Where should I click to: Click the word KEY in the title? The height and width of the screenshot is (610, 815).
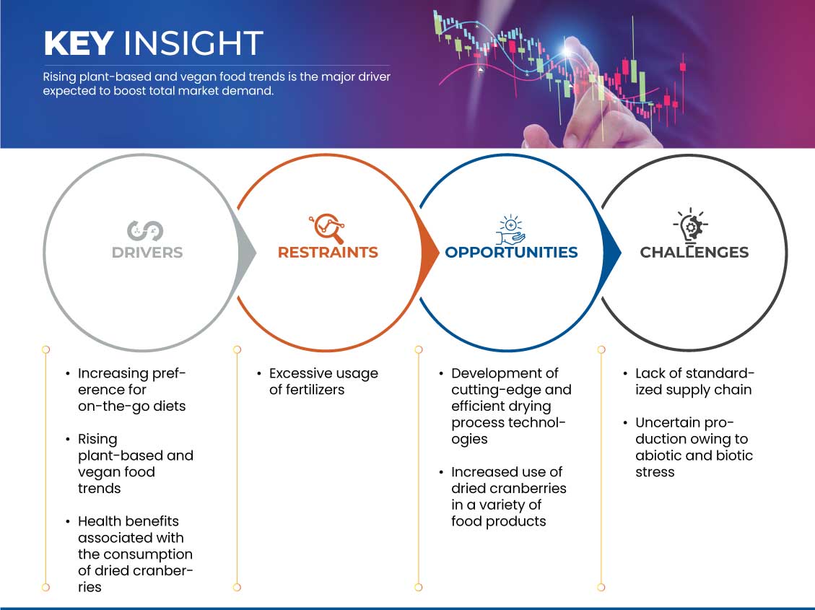(79, 43)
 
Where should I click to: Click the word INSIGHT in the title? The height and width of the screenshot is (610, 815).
(193, 43)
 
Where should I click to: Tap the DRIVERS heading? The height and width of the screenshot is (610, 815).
(147, 253)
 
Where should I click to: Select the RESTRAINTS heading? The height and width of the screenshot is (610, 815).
(328, 253)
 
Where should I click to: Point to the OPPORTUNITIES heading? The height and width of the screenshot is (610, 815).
(512, 253)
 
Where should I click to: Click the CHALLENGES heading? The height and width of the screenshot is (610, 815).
(694, 253)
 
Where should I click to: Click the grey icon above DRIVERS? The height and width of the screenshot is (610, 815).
(145, 231)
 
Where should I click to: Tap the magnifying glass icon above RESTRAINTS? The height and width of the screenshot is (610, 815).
(328, 228)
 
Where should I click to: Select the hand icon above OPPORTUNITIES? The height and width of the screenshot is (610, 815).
(510, 230)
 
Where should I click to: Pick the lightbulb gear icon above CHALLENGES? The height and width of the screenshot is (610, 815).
(691, 226)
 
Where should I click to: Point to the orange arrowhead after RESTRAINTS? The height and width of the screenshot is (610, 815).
(430, 253)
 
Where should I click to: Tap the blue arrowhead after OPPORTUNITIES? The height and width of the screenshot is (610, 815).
(611, 253)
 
